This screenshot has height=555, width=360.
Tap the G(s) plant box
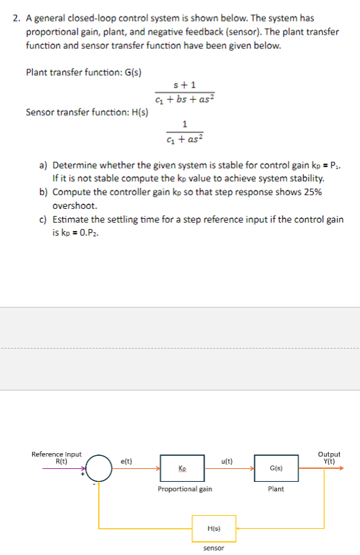pos(276,468)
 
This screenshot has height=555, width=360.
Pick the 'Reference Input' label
pos(57,454)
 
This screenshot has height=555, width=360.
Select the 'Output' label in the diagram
pos(329,454)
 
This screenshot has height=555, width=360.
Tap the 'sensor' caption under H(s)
pos(213,548)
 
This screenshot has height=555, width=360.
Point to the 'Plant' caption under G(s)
pos(276,489)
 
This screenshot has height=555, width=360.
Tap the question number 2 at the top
pos(16,19)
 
